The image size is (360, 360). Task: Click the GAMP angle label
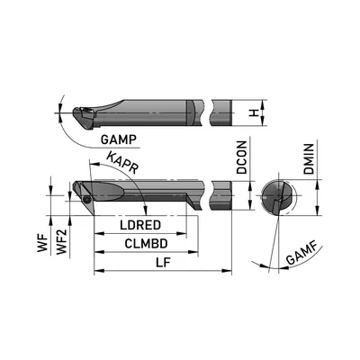[119, 139]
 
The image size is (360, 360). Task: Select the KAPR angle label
[122, 163]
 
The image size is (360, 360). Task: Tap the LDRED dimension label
[140, 225]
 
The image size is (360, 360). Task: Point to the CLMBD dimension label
[146, 244]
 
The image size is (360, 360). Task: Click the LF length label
[163, 263]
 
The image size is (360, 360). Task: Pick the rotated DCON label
[242, 157]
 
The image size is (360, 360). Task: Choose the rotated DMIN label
[309, 159]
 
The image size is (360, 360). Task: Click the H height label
[255, 113]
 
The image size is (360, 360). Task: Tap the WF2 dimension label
[62, 241]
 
